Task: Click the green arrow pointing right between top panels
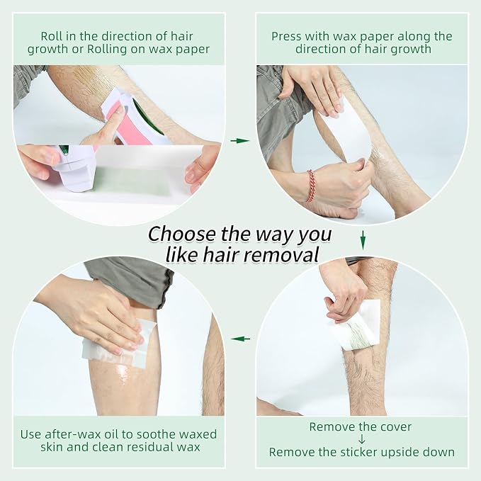[x=240, y=141]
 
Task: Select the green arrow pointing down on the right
[x=363, y=240]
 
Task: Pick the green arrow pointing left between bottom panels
[x=241, y=339]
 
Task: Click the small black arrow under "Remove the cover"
[x=362, y=439]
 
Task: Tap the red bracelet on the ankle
[x=311, y=186]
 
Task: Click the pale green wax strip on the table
[x=131, y=182]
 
